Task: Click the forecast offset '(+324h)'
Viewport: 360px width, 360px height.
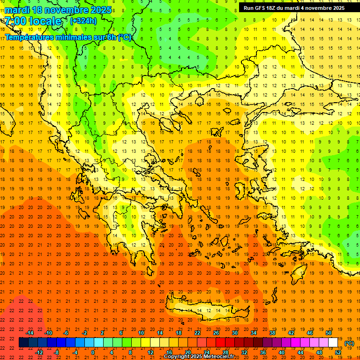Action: (83, 21)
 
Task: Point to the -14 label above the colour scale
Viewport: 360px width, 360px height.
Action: (30, 333)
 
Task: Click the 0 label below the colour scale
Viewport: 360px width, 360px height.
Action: (93, 352)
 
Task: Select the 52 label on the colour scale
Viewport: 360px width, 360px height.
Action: (338, 352)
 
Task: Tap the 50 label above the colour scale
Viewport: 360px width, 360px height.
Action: (329, 333)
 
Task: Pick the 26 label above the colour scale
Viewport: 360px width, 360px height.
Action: (216, 333)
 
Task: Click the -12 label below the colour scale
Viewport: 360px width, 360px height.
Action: (39, 352)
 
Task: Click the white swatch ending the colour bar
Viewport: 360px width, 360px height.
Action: (333, 343)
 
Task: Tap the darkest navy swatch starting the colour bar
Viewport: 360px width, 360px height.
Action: (23, 343)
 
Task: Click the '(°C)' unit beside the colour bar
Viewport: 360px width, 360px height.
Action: (349, 343)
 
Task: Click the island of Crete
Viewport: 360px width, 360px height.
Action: (206, 311)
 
